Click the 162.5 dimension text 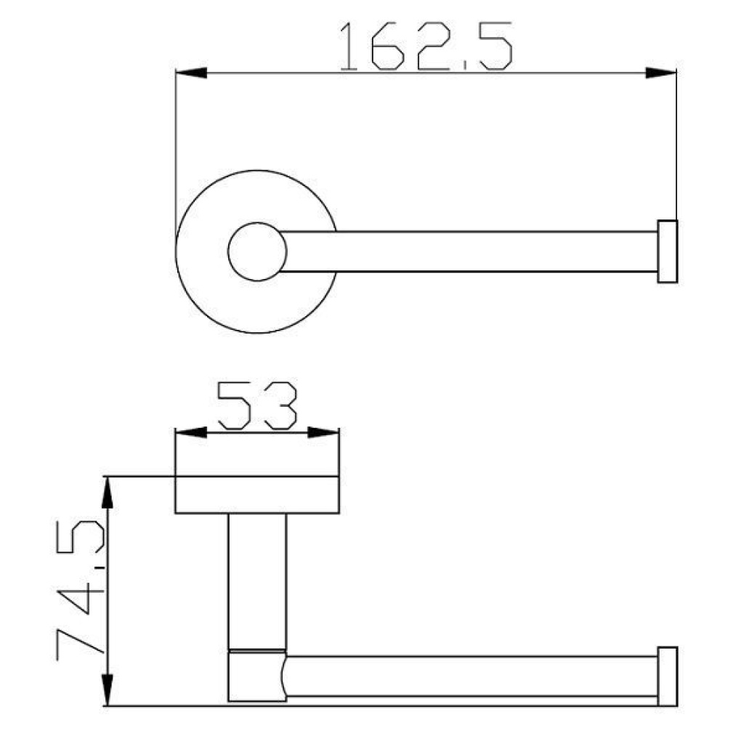pyautogui.click(x=426, y=46)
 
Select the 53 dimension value pyautogui.click(x=257, y=405)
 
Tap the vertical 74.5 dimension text pyautogui.click(x=80, y=589)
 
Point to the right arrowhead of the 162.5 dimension pyautogui.click(x=660, y=73)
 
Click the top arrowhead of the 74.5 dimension pyautogui.click(x=108, y=494)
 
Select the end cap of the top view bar pyautogui.click(x=667, y=251)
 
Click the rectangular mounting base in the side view pyautogui.click(x=257, y=495)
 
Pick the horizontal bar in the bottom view pyautogui.click(x=472, y=676)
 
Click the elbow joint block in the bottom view pyautogui.click(x=256, y=676)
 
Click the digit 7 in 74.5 pyautogui.click(x=80, y=639)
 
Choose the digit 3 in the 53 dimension pyautogui.click(x=279, y=405)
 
